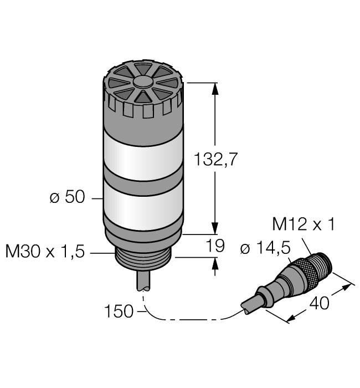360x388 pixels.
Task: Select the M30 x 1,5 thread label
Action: click(44, 252)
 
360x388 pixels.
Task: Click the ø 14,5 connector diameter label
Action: click(265, 249)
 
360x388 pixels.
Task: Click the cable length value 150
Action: click(119, 312)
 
